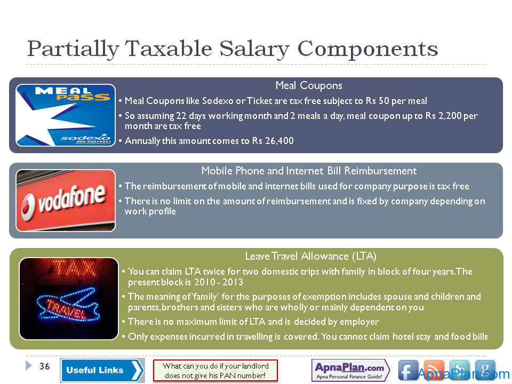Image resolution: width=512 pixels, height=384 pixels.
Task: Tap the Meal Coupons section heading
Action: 309,85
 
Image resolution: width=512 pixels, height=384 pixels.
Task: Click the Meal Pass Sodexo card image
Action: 65,115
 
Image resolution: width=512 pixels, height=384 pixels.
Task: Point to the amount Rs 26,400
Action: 273,141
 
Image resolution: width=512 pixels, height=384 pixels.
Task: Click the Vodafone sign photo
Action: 65,201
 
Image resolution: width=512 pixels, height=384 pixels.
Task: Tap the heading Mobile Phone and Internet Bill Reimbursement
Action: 309,171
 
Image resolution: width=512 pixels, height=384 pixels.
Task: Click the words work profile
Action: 150,211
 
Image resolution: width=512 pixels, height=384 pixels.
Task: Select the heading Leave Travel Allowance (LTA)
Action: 310,257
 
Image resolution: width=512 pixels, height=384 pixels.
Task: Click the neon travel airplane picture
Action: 69,299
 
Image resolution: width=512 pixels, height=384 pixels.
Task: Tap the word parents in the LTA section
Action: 143,308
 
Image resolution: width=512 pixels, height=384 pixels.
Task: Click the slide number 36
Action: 44,366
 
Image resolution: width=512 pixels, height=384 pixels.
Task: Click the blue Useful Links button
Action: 102,370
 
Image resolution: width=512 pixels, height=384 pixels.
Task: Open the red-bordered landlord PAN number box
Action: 215,371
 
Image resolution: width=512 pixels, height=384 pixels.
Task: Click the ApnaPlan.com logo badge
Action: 350,370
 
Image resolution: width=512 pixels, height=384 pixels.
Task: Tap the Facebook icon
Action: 408,371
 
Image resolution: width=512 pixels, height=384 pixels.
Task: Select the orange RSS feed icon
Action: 434,371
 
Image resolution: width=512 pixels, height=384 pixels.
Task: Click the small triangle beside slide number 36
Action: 29,365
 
